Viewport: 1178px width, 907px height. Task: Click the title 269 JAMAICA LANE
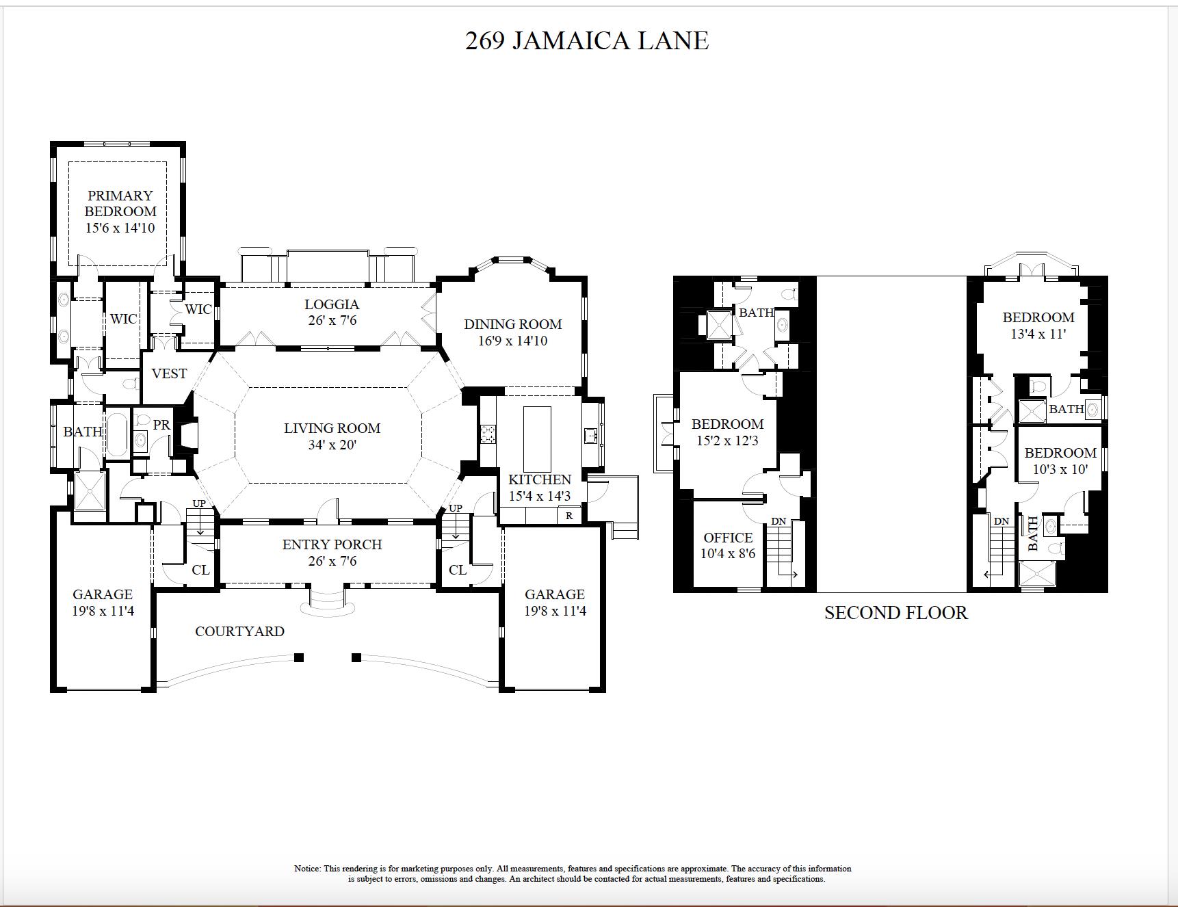pos(586,41)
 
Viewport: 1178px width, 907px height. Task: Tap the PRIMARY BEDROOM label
pos(120,204)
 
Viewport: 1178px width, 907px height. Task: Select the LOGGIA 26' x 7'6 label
pos(332,312)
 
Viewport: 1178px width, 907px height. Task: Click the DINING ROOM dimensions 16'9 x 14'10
pos(512,341)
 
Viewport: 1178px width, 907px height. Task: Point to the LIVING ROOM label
pos(332,429)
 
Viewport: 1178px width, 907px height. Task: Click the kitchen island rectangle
pos(537,438)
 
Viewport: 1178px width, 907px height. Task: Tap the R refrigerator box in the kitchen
pos(569,516)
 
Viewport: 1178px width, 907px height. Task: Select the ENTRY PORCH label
pos(332,545)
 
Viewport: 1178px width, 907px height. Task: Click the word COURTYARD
pos(239,631)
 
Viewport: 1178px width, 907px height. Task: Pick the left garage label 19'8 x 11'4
pos(103,603)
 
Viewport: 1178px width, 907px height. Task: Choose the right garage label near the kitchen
pos(555,603)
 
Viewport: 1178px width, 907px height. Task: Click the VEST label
pos(169,374)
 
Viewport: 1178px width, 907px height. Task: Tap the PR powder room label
pos(161,425)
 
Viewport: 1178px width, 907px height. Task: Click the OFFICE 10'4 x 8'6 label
pos(728,545)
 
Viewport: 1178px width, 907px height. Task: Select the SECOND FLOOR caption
pos(895,613)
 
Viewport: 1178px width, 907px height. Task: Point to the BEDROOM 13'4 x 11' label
pos(1038,326)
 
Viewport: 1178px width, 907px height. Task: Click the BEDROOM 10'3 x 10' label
pos(1060,461)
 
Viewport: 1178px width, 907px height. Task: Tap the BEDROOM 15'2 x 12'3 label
pos(727,432)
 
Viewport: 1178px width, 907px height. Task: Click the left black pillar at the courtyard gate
pos(299,658)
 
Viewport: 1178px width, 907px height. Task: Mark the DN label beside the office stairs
pos(778,522)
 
